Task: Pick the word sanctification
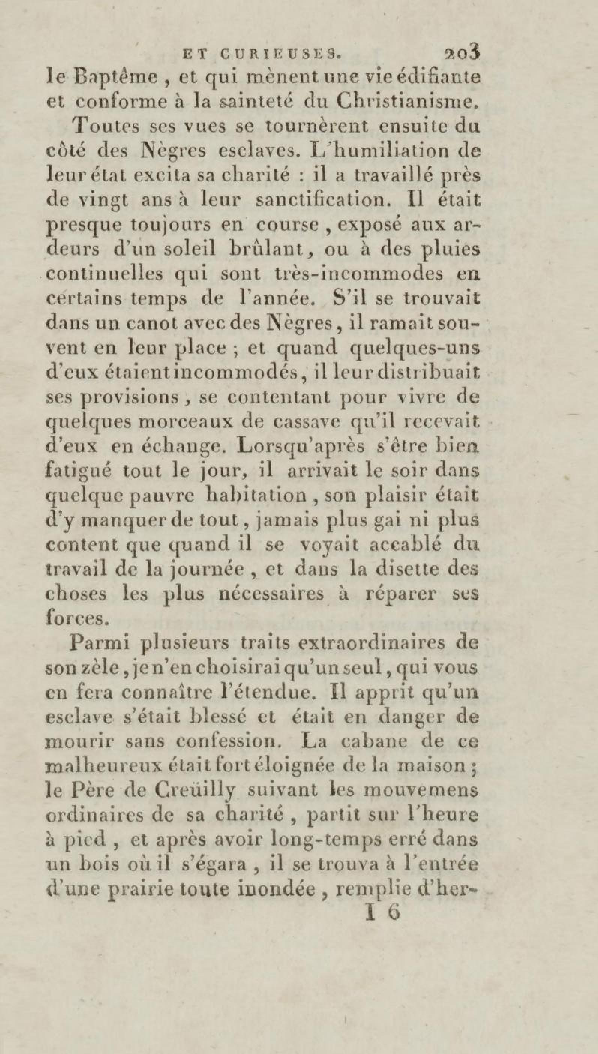coord(318,201)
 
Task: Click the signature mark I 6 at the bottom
coord(382,913)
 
